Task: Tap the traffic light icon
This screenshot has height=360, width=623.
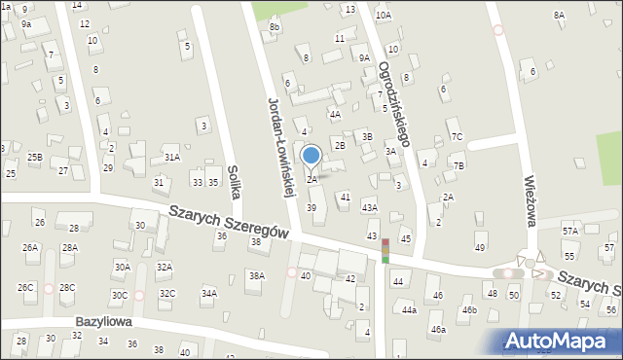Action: point(385,250)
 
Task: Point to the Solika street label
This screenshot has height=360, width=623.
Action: point(234,180)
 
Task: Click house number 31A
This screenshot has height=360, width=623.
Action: point(171,157)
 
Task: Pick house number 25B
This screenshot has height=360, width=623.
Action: point(34,157)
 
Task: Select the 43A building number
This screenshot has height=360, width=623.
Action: point(369,207)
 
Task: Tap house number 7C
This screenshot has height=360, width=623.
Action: point(456,136)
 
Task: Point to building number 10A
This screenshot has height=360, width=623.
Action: point(384,16)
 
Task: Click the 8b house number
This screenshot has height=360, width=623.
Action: point(275,27)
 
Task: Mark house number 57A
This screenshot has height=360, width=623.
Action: point(569,232)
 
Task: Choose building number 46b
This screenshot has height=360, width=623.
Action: point(469,309)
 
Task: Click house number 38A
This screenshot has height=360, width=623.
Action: point(256,276)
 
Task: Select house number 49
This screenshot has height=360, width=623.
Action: point(480,248)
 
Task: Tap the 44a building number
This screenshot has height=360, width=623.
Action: point(410,310)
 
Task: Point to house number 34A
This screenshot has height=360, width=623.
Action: point(208,293)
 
